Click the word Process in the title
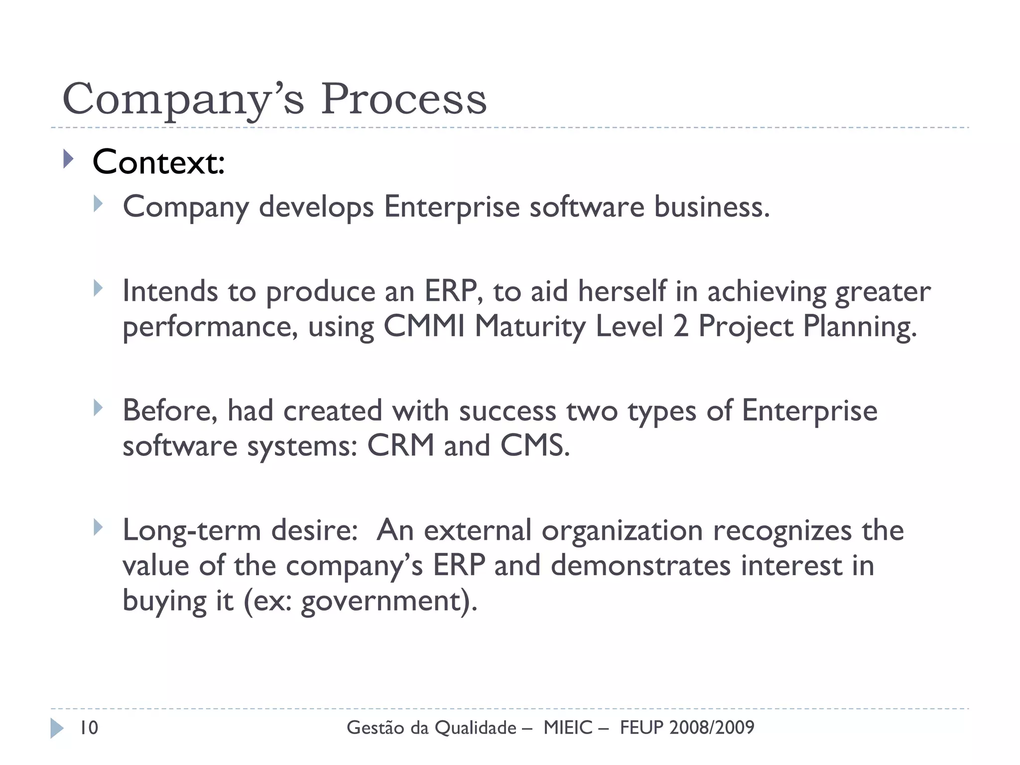tap(403, 99)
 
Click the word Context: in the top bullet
tap(158, 162)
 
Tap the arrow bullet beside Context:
tap(69, 160)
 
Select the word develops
tap(316, 207)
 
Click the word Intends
tap(170, 291)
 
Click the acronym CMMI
tap(424, 327)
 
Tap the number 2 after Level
tap(680, 327)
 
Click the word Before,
tap(170, 411)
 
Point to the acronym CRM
tap(400, 445)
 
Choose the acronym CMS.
tap(534, 445)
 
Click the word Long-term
tap(192, 530)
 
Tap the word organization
tap(622, 531)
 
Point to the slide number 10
tap(89, 728)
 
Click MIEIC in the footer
tap(568, 728)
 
